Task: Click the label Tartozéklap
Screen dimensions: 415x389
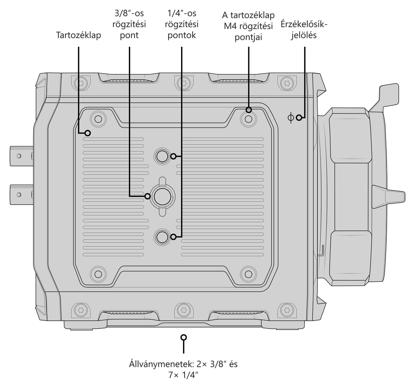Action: tap(78, 35)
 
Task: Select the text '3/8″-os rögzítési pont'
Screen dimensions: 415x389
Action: tap(129, 24)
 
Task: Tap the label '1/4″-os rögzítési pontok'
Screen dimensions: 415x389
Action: tap(181, 24)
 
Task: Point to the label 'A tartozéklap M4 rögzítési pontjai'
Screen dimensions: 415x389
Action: tap(248, 26)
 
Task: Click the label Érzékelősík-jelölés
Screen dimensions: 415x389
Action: tap(304, 30)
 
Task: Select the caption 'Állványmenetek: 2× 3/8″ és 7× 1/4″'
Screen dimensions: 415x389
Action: tap(183, 369)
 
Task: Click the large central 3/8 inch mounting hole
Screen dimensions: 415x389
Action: tap(162, 196)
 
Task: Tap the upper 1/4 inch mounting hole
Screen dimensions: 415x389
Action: tap(162, 157)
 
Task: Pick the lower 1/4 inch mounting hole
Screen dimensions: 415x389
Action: tap(162, 237)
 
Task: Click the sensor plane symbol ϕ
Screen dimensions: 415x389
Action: tap(290, 117)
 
